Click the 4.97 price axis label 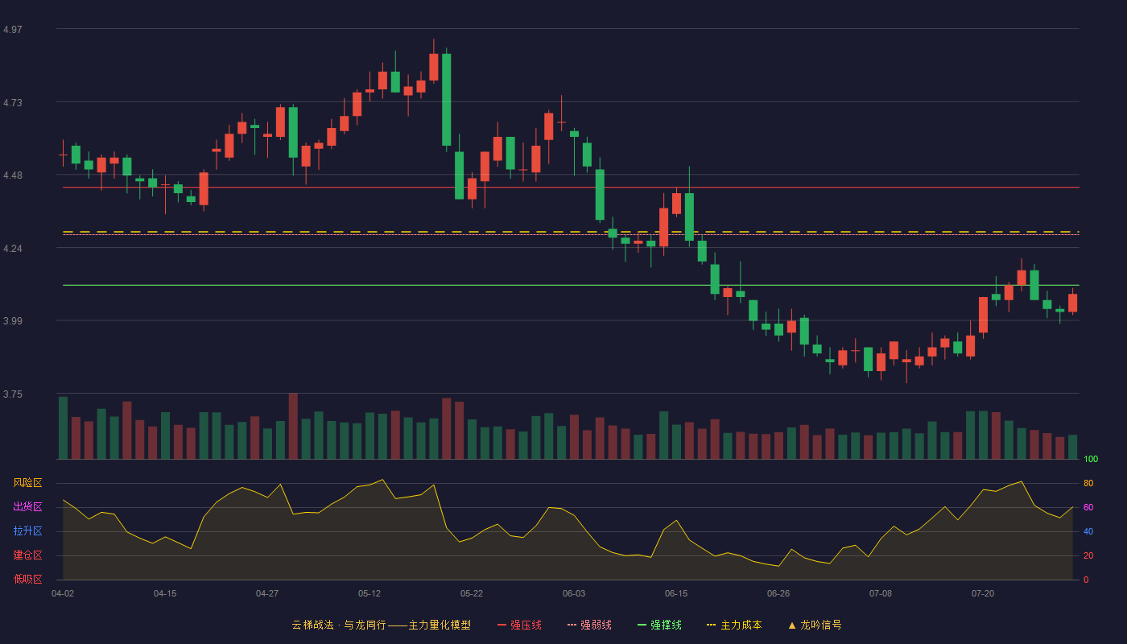tap(13, 30)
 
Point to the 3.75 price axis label tap(13, 394)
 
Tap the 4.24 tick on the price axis tap(13, 249)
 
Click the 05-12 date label tap(369, 594)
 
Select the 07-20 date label tap(983, 594)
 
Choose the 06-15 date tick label tap(676, 594)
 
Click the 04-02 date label tap(63, 594)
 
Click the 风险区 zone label tap(27, 483)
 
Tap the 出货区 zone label tap(27, 506)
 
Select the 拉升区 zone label tap(27, 530)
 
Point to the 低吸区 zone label tap(27, 579)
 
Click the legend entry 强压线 tap(519, 625)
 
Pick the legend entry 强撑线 tap(659, 625)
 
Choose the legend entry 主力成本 tap(734, 625)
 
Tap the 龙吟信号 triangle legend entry tap(815, 625)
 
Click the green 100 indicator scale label tap(1091, 460)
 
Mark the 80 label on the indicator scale tap(1088, 484)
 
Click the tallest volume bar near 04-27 tap(293, 426)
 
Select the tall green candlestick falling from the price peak tap(446, 100)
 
